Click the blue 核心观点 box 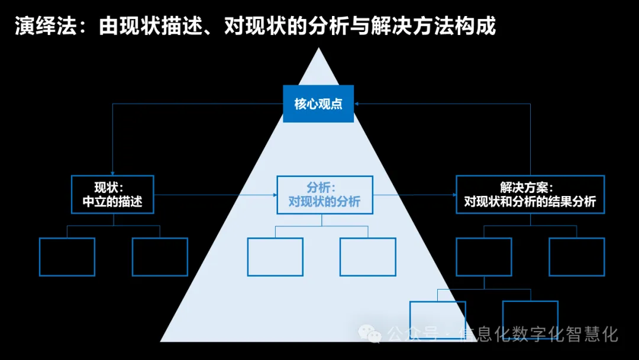[x=318, y=104]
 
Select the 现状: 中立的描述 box [x=112, y=194]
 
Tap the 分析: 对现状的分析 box [x=324, y=194]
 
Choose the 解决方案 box [x=530, y=194]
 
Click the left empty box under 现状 [x=67, y=256]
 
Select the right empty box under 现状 [x=160, y=256]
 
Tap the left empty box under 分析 [x=275, y=256]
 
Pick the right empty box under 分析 [x=368, y=256]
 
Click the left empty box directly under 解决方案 [x=484, y=256]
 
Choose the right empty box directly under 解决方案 [x=577, y=256]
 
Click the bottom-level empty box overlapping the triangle [x=438, y=320]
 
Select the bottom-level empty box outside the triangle [x=530, y=320]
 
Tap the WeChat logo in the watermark [x=373, y=334]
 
